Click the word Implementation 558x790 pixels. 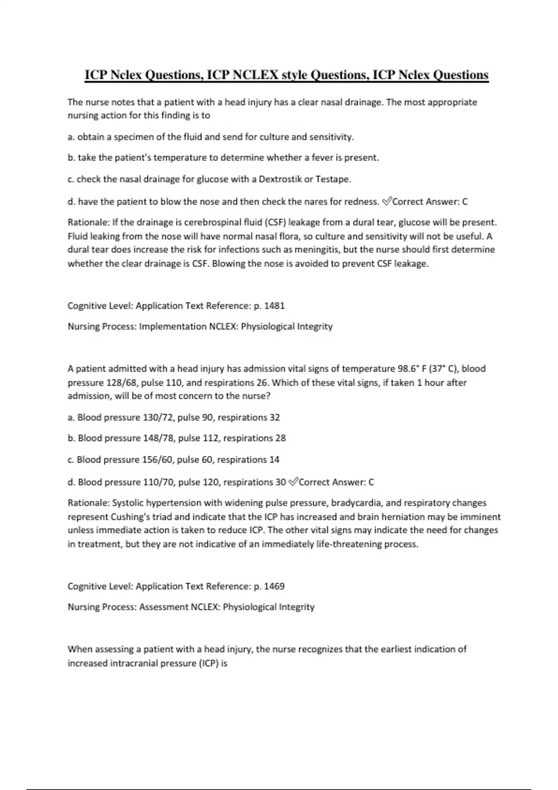pos(173,326)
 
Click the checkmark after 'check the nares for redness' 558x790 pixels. pos(386,201)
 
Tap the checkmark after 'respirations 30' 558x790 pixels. pos(292,482)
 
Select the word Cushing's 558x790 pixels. pos(128,517)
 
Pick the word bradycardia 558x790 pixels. pos(357,503)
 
